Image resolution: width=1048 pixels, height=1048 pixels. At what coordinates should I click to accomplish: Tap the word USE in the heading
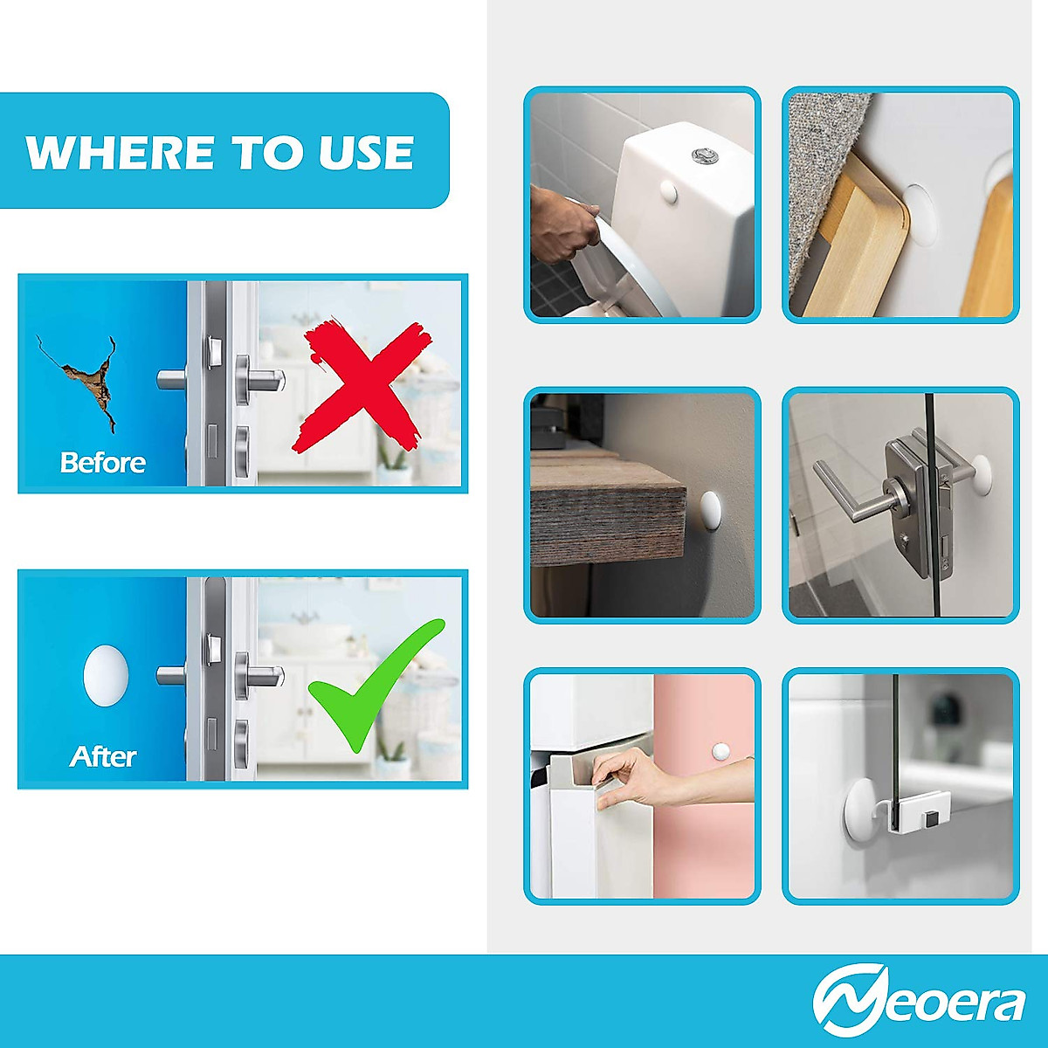[366, 153]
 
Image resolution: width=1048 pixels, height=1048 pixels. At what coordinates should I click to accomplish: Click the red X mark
[360, 386]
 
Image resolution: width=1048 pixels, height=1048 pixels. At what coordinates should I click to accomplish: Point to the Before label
[102, 462]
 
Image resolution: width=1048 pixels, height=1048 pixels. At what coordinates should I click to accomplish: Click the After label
[102, 755]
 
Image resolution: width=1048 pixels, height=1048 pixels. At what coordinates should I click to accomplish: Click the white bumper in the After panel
[105, 675]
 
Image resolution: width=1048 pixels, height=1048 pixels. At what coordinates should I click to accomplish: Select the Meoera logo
[919, 1003]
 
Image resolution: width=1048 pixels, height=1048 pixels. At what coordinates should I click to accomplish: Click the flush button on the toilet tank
[701, 156]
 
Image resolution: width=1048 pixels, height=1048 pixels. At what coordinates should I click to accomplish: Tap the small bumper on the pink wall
[720, 750]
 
